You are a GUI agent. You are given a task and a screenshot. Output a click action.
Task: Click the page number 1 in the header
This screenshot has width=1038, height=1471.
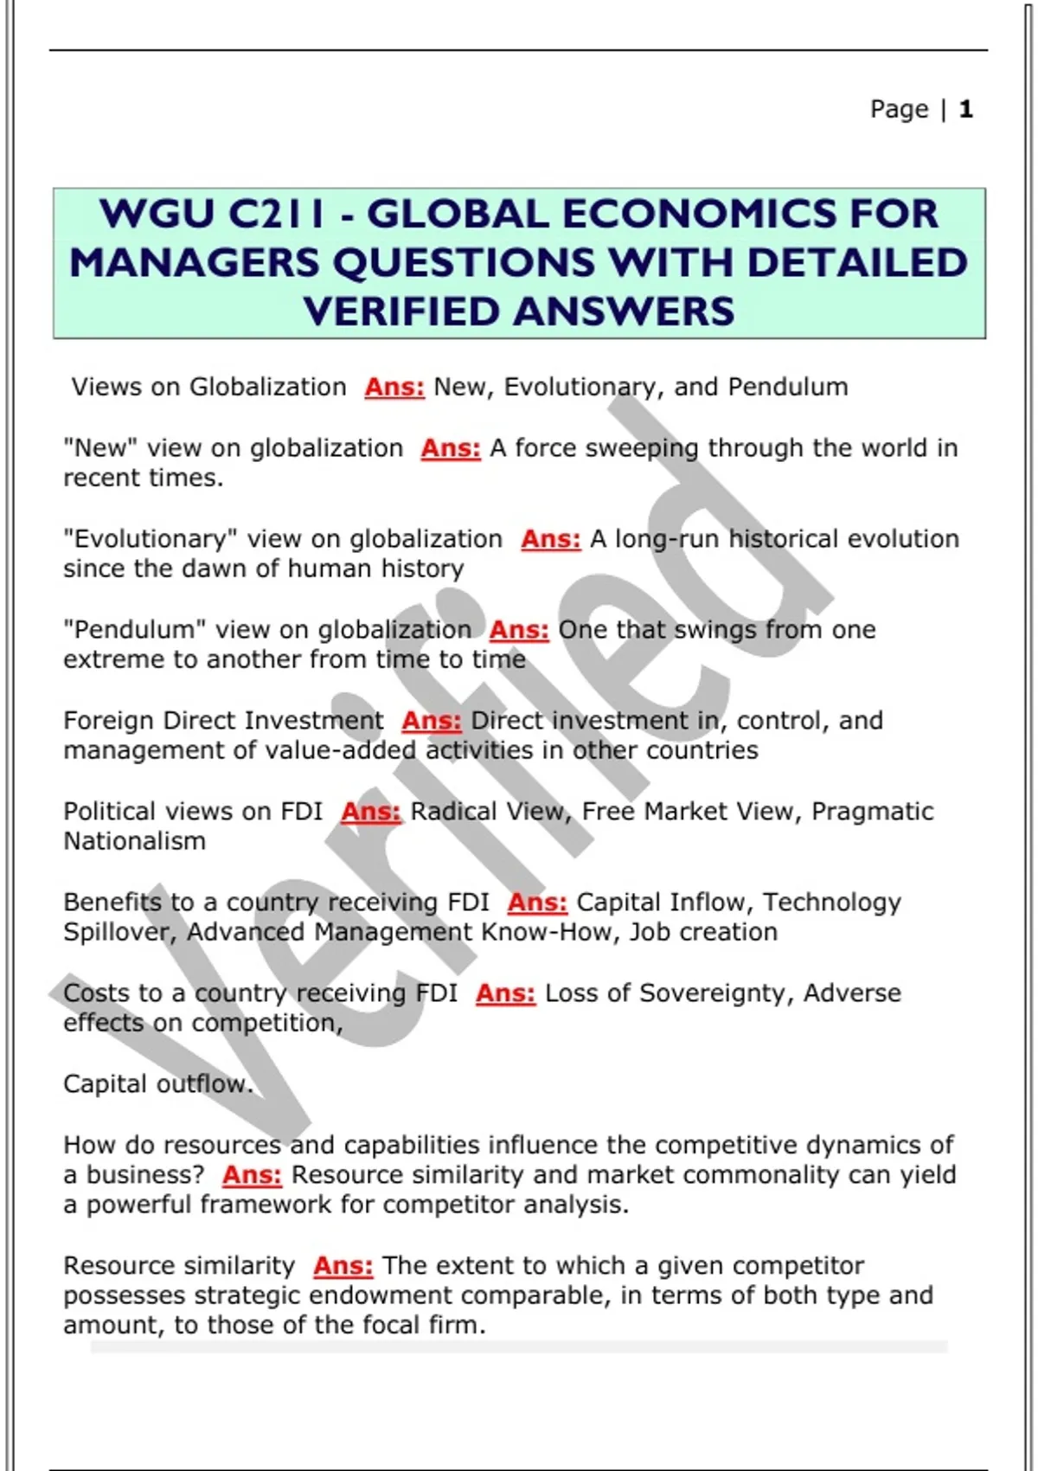click(965, 109)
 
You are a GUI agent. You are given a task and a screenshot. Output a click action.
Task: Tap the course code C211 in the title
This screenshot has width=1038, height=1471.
click(276, 214)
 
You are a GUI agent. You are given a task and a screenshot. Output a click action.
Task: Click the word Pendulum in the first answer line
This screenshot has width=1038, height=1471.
click(787, 387)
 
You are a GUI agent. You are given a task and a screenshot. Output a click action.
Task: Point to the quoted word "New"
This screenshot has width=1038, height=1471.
click(96, 448)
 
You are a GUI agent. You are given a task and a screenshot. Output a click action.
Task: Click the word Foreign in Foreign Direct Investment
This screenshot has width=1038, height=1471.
click(109, 721)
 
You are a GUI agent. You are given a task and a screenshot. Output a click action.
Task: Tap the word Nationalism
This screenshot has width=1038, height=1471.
click(134, 841)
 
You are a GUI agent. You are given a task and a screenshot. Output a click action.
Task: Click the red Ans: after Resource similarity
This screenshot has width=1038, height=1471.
click(343, 1266)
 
